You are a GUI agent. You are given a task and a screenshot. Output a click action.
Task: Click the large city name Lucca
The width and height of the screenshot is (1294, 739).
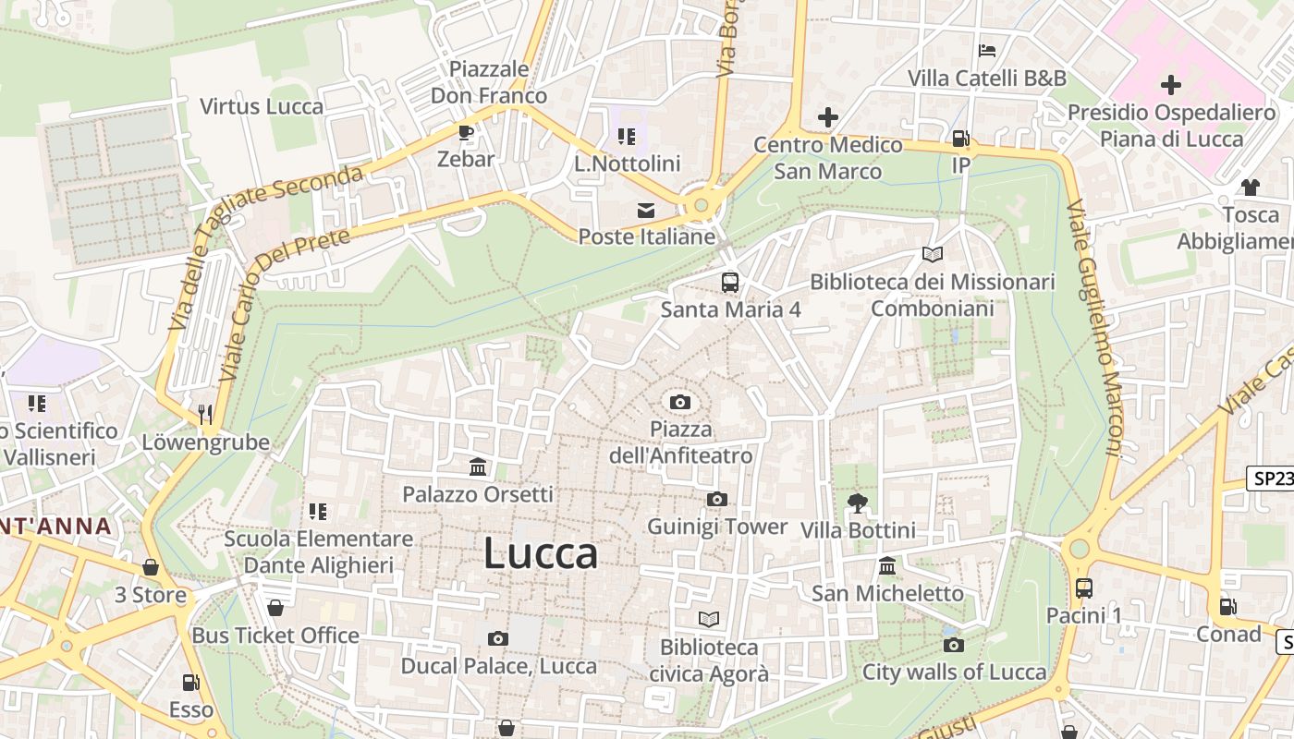coord(541,553)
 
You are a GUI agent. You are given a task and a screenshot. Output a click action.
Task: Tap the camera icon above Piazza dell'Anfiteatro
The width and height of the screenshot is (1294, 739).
coord(680,402)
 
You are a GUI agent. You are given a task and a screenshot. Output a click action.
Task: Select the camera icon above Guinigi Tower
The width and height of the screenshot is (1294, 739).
coord(716,500)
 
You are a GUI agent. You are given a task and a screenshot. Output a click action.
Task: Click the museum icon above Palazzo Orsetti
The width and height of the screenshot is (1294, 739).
coord(478,466)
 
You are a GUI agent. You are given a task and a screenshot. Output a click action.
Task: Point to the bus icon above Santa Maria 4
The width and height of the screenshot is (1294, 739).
coord(730,282)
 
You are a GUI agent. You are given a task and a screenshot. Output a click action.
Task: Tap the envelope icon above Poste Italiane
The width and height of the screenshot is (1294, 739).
coord(645,211)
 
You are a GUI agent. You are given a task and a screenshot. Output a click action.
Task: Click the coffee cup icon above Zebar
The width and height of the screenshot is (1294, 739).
coord(466,132)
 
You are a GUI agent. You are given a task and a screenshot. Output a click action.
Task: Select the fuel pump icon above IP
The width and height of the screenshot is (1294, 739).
coord(961,139)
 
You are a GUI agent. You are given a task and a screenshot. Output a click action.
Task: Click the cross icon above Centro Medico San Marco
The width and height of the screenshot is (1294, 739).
coord(828,117)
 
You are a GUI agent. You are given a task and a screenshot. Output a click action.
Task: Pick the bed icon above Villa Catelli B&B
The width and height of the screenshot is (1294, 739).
coord(987,50)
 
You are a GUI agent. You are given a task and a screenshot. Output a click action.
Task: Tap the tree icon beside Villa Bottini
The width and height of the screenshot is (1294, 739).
coord(858,503)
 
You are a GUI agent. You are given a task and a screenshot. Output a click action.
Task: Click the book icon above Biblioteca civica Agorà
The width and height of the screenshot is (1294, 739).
coord(709,620)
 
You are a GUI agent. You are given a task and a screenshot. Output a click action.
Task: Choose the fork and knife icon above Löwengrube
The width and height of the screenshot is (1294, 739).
coord(205,414)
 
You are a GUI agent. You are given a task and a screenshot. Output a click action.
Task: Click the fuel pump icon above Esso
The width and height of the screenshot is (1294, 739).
coord(190,683)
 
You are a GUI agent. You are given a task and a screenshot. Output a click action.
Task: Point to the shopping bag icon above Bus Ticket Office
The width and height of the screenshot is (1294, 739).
coord(275,608)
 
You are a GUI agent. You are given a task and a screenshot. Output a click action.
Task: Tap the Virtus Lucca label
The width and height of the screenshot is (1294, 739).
coord(262,106)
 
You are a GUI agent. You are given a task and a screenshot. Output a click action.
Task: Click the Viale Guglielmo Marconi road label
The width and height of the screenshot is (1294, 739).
coord(1094,328)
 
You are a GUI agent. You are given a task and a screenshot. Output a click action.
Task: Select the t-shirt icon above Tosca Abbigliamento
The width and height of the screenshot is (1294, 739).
coord(1251,188)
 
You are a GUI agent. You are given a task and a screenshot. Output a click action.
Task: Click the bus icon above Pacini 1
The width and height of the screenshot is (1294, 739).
coord(1084,588)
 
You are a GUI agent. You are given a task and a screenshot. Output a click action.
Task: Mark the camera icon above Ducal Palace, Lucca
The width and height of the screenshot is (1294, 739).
coord(498,638)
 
